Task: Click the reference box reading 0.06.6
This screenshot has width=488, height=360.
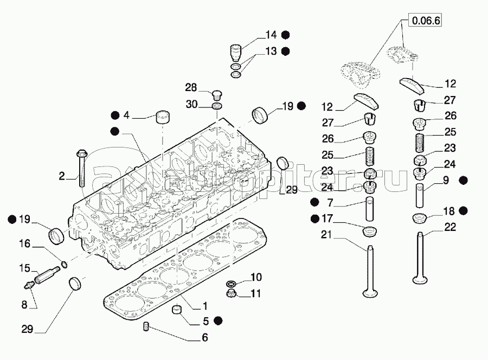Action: (x=427, y=22)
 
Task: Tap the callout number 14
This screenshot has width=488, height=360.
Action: (x=271, y=35)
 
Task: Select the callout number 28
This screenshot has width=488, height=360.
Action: (x=191, y=88)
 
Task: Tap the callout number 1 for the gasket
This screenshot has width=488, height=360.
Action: (x=205, y=305)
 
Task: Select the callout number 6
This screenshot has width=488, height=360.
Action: (x=204, y=337)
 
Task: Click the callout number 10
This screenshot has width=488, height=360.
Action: (x=256, y=277)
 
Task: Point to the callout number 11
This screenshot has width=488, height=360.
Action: (x=256, y=293)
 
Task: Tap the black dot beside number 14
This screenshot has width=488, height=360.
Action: (x=285, y=35)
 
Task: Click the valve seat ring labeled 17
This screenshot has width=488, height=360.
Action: (x=370, y=232)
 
